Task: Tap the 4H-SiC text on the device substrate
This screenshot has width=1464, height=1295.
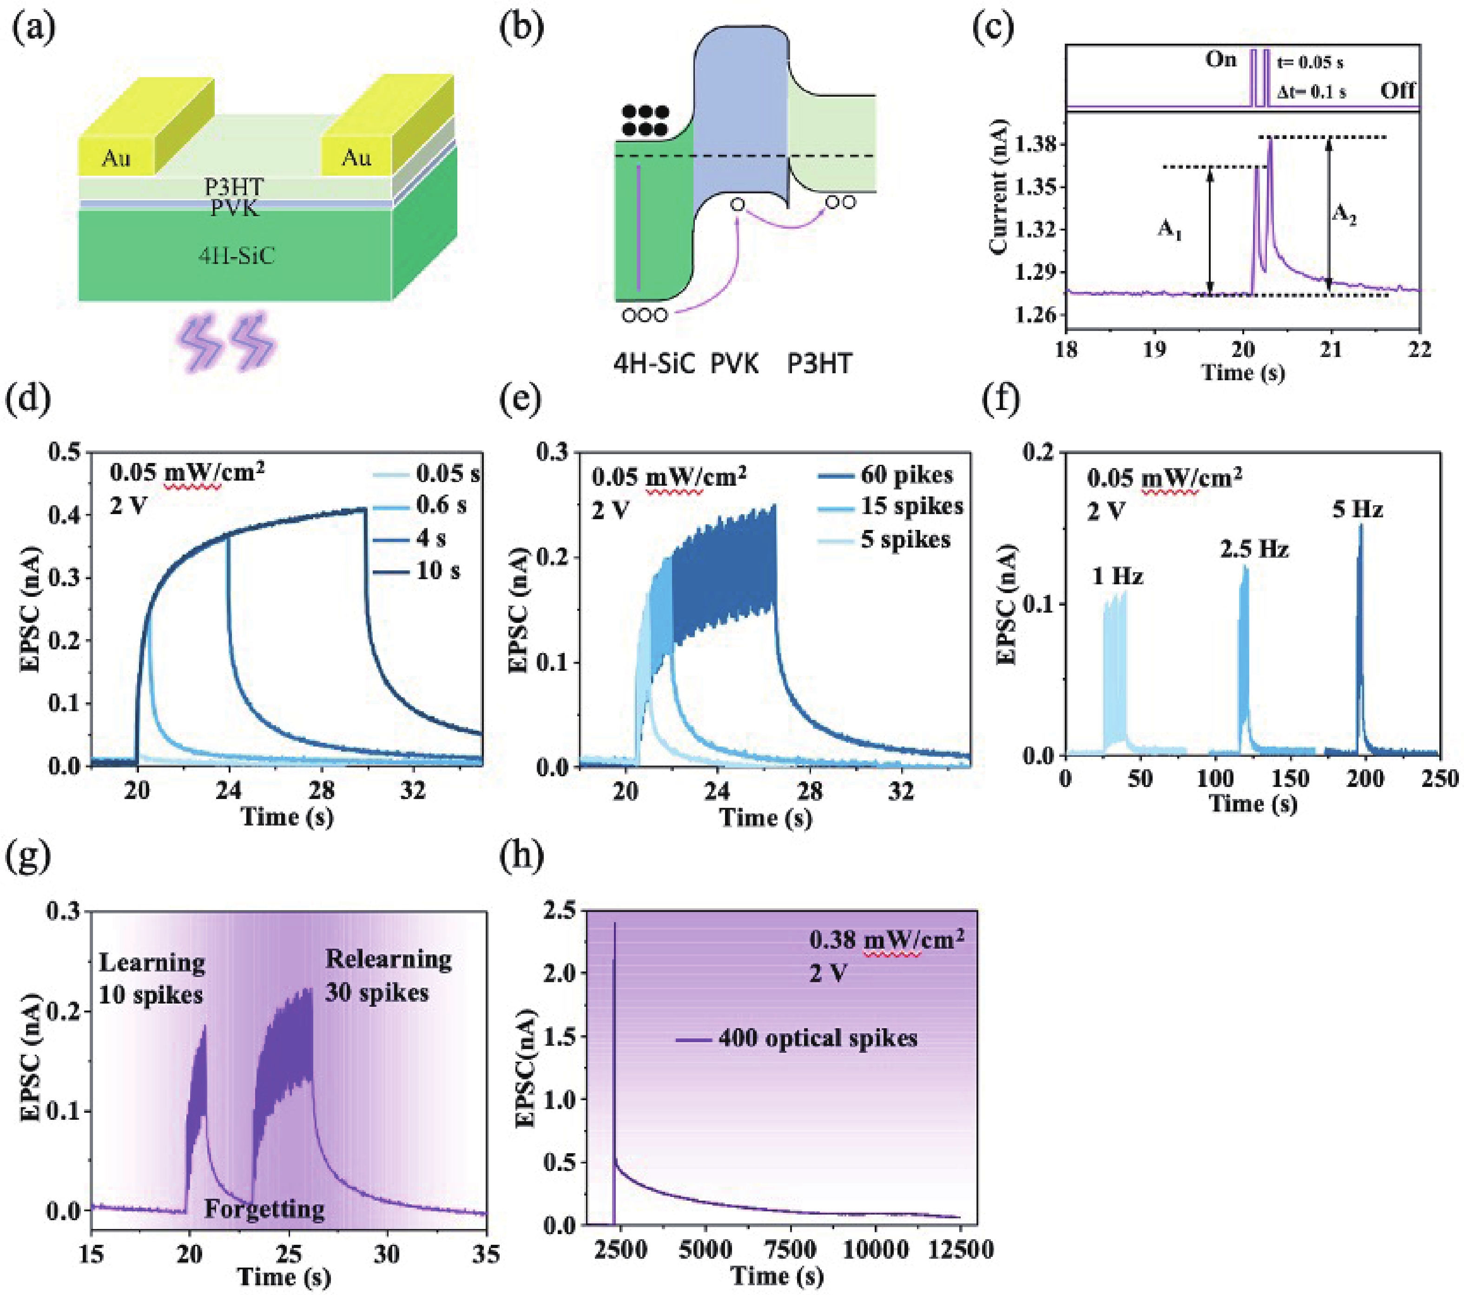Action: tap(237, 256)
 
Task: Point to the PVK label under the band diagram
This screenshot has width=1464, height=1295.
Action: tap(734, 364)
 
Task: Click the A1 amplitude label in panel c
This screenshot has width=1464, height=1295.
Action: tap(1170, 230)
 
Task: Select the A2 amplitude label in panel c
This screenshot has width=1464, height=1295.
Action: tap(1344, 213)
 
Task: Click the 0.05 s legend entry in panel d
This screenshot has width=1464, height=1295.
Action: tap(448, 474)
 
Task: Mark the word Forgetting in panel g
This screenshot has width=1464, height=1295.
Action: tap(264, 1209)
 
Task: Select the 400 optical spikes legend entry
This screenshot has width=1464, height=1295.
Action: tap(817, 1038)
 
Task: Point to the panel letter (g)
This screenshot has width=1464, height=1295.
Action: tap(29, 857)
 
